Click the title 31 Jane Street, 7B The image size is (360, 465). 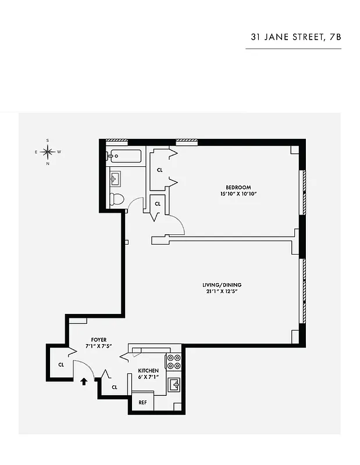point(295,37)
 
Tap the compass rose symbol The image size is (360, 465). point(48,152)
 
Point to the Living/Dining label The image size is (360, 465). point(222,285)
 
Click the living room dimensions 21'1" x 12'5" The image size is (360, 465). point(222,291)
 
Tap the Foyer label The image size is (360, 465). point(98,339)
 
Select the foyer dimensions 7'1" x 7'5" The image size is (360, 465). point(98,346)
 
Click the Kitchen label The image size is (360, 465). point(148,370)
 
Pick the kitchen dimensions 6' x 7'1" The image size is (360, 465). point(148,377)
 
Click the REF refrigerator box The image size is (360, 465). point(142,402)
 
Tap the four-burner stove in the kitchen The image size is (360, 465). point(173,363)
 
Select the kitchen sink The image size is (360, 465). point(174,385)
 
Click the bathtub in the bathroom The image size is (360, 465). point(124,156)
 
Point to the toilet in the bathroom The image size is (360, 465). point(117,199)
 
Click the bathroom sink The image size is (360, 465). point(115,177)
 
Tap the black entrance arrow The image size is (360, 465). point(84,381)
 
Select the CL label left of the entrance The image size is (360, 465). point(60,365)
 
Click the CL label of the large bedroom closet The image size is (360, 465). point(159,170)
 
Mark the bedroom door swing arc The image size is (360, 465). point(177,224)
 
